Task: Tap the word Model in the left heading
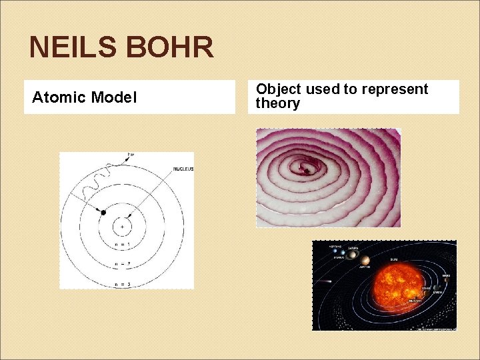(x=114, y=98)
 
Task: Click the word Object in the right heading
(x=279, y=89)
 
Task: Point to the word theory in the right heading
(x=278, y=104)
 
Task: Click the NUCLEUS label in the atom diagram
(x=183, y=169)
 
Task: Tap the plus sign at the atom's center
(x=123, y=227)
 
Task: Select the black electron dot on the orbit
(x=103, y=213)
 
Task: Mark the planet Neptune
(x=335, y=250)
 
